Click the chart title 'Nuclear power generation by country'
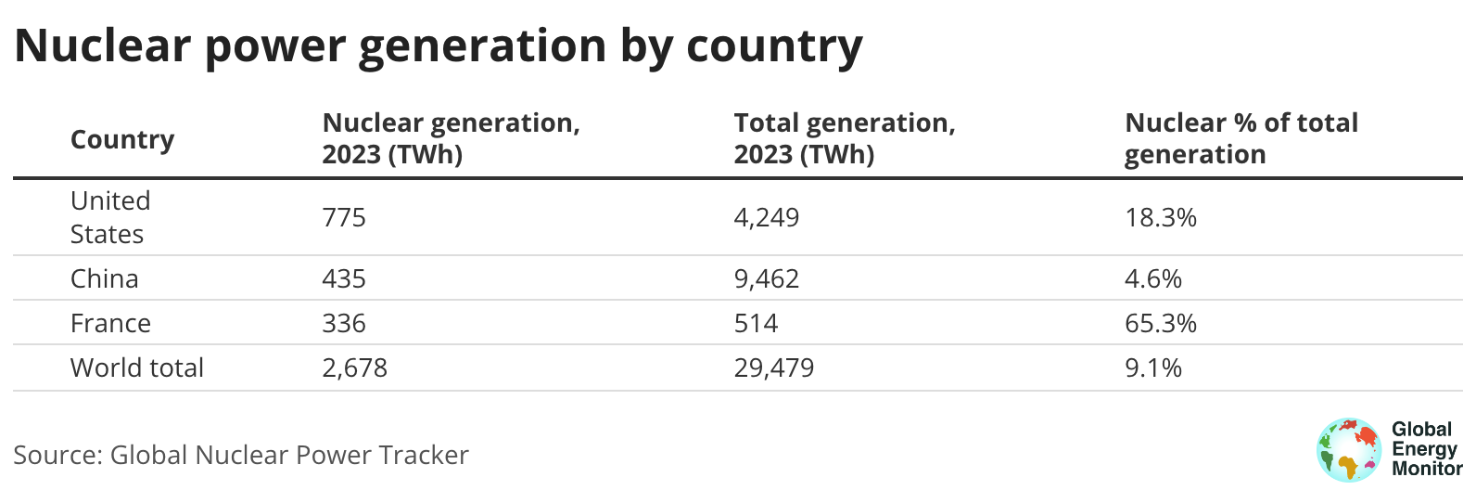[439, 46]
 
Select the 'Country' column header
[121, 140]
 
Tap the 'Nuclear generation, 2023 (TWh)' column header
[451, 138]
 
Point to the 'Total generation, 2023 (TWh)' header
[844, 138]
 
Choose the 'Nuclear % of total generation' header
[1241, 138]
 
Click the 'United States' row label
[110, 217]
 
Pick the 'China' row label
[104, 278]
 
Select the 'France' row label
[110, 324]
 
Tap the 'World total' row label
[137, 368]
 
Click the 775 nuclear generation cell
[343, 217]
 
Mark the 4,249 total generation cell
[767, 217]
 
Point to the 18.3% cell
[1161, 217]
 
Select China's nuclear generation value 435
[343, 278]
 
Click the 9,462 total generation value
[767, 278]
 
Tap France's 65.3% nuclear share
[1161, 324]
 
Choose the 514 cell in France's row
[756, 324]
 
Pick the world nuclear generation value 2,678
[354, 368]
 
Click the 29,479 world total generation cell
[773, 368]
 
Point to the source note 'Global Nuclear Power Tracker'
[289, 455]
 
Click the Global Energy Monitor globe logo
[1349, 449]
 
